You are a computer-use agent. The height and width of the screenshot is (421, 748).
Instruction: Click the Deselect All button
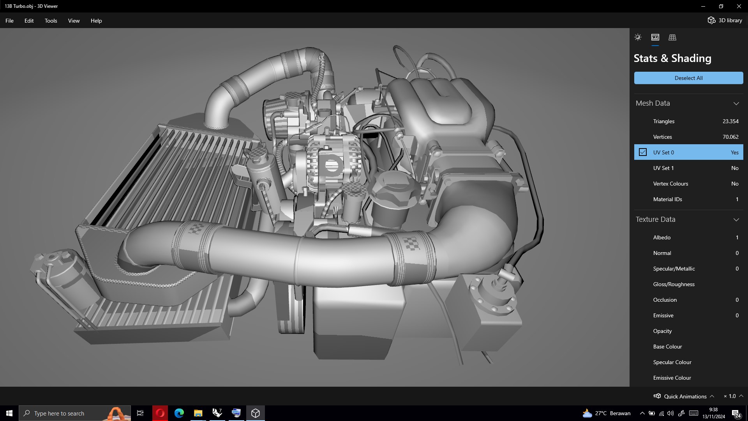[x=688, y=78]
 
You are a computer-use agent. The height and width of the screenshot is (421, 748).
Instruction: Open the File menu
[x=9, y=21]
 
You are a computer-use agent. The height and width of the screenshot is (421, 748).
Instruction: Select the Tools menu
[x=51, y=21]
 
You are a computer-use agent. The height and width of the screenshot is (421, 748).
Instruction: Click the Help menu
[x=96, y=21]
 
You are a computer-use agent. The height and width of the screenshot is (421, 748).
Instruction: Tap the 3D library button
[x=725, y=20]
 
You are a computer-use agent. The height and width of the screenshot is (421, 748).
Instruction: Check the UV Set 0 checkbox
[x=643, y=152]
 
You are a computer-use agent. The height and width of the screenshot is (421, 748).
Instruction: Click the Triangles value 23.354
[x=730, y=121]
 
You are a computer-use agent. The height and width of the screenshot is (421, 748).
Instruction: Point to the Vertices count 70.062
[x=730, y=137]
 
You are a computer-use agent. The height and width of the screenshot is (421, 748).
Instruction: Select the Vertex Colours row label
[x=670, y=184]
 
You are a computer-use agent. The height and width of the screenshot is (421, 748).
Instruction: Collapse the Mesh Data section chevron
[x=736, y=103]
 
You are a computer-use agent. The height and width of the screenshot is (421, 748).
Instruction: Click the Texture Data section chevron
[x=736, y=219]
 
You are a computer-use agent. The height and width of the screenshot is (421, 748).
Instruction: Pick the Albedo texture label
[x=662, y=237]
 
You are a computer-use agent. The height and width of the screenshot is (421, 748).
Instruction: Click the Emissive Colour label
[x=672, y=378]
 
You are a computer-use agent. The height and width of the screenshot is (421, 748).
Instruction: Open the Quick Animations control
[x=684, y=396]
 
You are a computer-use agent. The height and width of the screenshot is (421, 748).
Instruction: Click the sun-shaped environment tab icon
[x=638, y=37]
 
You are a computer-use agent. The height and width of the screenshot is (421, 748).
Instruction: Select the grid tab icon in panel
[x=672, y=37]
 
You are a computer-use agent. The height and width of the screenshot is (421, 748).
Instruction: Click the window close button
[x=739, y=6]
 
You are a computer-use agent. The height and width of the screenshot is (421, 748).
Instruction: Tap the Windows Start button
[x=9, y=413]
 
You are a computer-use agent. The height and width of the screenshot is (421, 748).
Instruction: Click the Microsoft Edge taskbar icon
[x=179, y=413]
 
